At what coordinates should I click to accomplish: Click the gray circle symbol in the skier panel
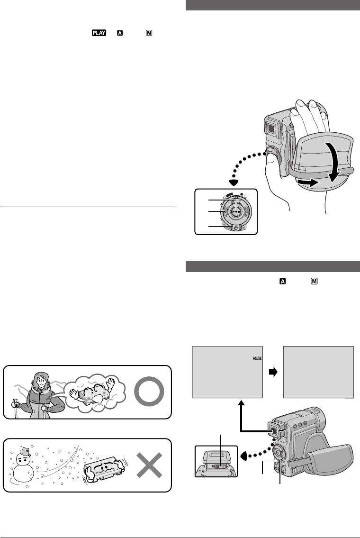[x=149, y=392]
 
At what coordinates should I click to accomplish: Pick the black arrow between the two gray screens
[x=272, y=373]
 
